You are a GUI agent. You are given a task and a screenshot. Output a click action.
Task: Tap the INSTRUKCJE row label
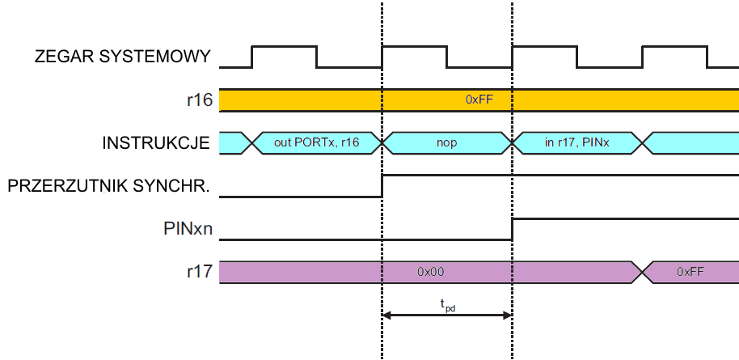tap(156, 143)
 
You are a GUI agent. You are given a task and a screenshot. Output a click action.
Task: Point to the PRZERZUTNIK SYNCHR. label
tap(109, 186)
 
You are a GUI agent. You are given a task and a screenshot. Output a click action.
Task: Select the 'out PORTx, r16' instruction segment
tap(318, 143)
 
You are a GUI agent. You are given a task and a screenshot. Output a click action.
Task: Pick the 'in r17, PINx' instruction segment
tap(576, 143)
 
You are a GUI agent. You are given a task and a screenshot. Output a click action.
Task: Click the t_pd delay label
tap(447, 305)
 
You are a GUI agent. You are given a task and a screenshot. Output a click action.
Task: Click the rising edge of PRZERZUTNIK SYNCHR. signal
tap(382, 185)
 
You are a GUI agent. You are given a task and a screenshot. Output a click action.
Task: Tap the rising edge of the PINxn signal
tap(512, 228)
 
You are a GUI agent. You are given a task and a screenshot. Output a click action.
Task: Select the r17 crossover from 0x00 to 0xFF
tap(642, 272)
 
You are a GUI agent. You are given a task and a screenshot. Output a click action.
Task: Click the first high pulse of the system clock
tap(284, 47)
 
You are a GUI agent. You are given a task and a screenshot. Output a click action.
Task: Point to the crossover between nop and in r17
tap(512, 143)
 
